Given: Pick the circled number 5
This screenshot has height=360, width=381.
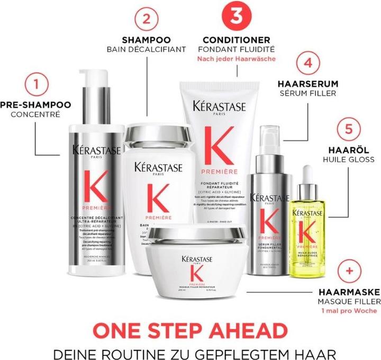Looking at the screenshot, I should pos(348,129).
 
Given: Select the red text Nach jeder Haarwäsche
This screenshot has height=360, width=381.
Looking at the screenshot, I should pos(233,59).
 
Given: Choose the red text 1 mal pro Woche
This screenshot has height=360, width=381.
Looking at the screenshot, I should pos(347,311).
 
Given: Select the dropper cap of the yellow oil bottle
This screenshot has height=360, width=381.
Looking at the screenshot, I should pos(310,174).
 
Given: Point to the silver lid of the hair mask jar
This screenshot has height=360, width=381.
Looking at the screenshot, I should pos(197,233).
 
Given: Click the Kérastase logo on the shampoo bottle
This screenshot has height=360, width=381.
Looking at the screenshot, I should pos(158,167).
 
